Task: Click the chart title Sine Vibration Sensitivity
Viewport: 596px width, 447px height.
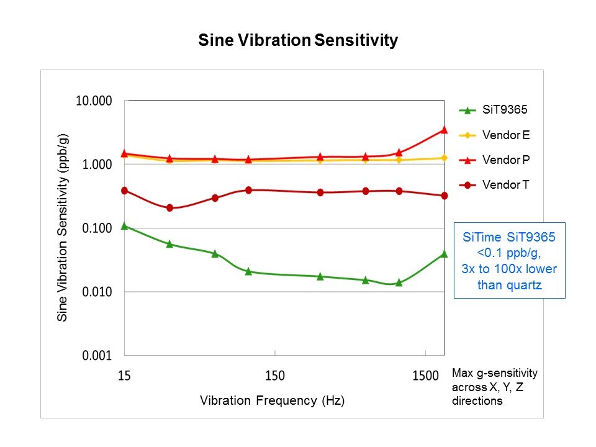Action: pos(297,41)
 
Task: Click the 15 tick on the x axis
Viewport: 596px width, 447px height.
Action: pos(124,376)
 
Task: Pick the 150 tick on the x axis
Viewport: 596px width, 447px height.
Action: pos(275,376)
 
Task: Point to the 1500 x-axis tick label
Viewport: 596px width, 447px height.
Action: pos(425,376)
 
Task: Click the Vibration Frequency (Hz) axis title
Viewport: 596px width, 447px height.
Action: pos(272,400)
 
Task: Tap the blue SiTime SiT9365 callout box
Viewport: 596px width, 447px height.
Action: pos(510,261)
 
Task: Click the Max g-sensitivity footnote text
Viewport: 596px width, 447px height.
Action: pos(495,387)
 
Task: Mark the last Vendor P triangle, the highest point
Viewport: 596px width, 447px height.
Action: pos(444,130)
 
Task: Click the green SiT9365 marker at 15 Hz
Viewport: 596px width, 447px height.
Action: pos(125,226)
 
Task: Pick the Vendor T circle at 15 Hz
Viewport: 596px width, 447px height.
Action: pos(125,191)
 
